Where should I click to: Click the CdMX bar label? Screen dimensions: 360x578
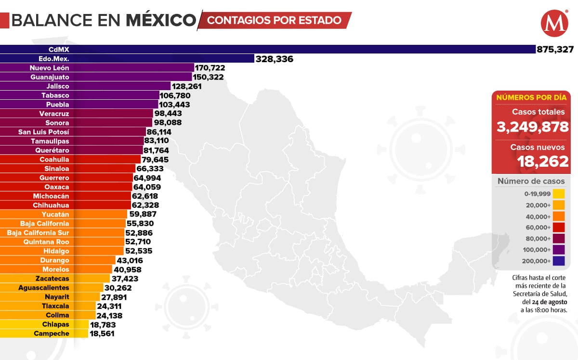[55, 49]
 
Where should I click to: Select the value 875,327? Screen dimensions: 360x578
[556, 49]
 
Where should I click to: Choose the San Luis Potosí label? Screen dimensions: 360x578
[44, 132]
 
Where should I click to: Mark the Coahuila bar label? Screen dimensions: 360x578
[54, 160]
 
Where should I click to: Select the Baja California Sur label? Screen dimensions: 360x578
[38, 233]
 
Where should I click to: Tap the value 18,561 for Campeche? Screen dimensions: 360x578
[102, 333]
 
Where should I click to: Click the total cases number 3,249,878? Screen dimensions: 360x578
[533, 128]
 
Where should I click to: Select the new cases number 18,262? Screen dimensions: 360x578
[543, 161]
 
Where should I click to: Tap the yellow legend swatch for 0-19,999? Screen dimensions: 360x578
[559, 194]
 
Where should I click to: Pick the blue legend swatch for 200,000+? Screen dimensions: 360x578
[559, 261]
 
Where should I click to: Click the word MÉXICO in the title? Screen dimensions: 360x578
[161, 20]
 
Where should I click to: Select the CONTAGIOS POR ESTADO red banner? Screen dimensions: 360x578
[275, 20]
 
